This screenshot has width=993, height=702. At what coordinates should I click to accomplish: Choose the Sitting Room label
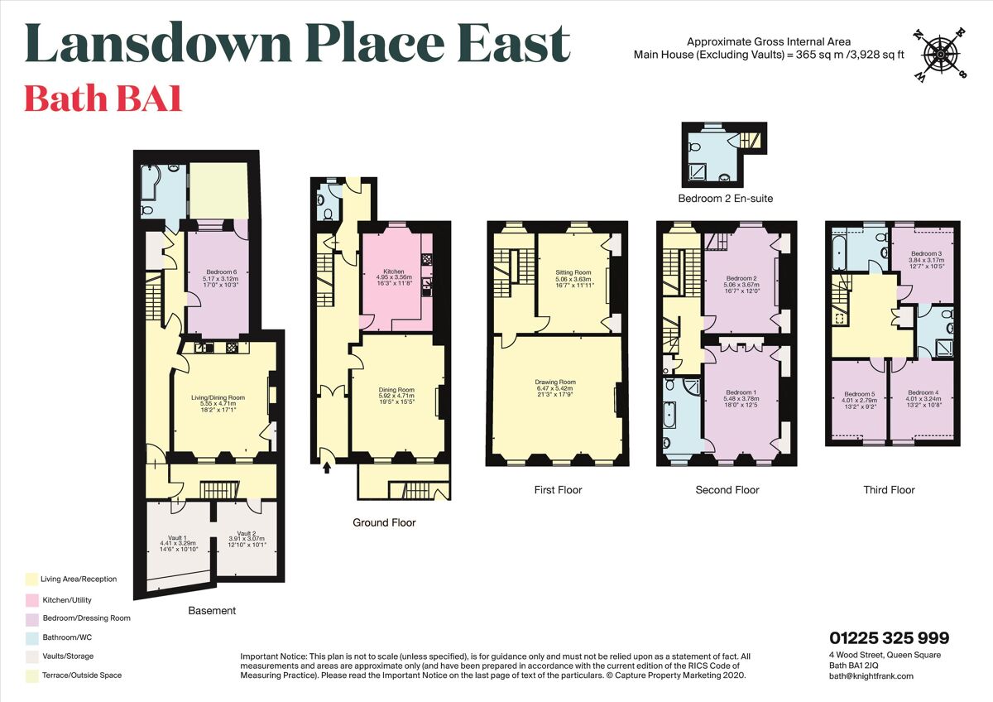573,272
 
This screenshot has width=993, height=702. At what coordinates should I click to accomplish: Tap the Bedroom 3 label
926,253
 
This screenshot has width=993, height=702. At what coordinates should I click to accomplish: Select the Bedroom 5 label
859,394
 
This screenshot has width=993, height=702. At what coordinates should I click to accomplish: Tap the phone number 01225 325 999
889,638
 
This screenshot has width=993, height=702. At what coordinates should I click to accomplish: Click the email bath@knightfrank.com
871,676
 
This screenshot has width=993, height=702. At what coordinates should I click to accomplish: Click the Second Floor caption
727,490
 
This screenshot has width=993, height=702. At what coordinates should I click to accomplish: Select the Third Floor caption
889,490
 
